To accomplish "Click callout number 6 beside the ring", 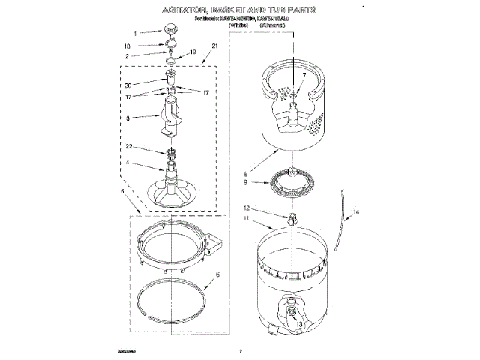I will [x=216, y=275].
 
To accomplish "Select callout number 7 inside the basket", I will [x=304, y=75].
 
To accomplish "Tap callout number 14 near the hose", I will [x=357, y=213].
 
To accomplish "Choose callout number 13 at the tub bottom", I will [x=300, y=324].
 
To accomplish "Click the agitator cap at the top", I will [x=170, y=31].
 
